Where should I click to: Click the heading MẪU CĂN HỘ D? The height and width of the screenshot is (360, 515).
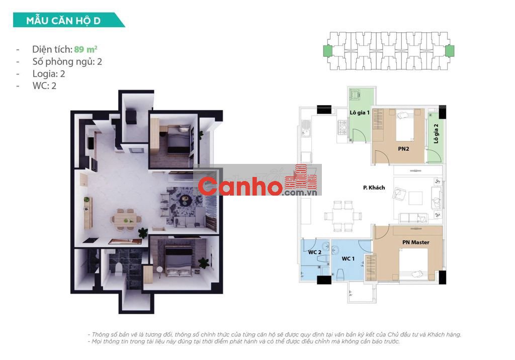coord(63,21)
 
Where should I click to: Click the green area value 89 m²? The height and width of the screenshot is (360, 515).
coord(85,49)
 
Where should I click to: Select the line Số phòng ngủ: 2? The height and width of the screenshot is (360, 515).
coord(67,62)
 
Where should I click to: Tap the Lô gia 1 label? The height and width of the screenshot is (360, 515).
coord(360,113)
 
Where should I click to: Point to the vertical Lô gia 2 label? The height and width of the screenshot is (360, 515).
coord(436,134)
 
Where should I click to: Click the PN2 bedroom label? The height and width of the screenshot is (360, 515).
coord(403,149)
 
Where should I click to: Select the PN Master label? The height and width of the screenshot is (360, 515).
coord(416,242)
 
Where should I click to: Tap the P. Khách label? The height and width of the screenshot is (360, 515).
coord(374,188)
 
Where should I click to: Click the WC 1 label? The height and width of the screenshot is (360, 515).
coord(348,259)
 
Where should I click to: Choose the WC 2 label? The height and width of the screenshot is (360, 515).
coord(315,252)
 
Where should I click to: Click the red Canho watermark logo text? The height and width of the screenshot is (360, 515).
coord(240,187)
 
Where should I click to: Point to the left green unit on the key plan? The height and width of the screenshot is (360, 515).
coord(328,51)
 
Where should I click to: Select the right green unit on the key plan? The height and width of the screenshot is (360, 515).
coord(450,51)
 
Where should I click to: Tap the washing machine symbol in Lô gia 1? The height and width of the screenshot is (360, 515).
coord(355,95)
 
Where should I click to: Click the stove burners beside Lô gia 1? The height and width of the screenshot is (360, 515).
coord(342,127)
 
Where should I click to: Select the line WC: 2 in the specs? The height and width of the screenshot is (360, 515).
coord(44,86)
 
